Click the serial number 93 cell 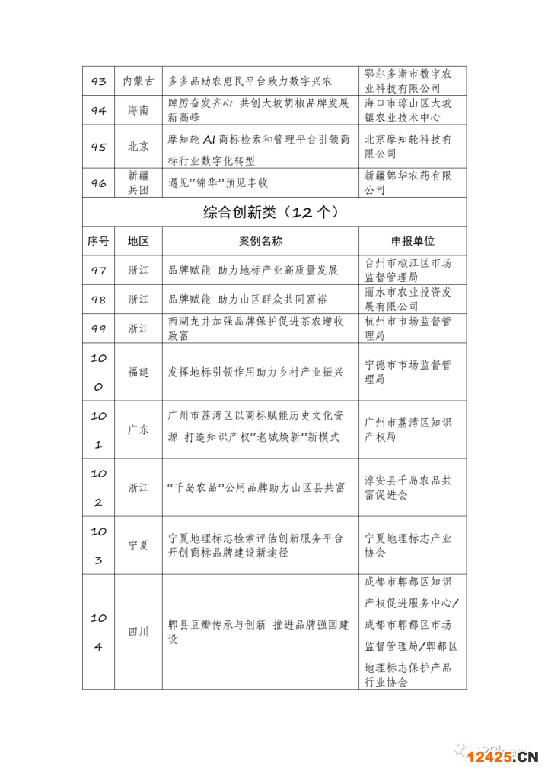pos(98,81)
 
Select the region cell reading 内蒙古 pos(138,81)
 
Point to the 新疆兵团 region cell pos(138,183)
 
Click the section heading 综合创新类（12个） pos(274,212)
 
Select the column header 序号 pos(98,241)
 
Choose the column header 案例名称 pos(260,241)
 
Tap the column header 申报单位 pos(413,241)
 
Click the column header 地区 pos(138,241)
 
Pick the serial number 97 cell pos(98,271)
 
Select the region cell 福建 pos(138,373)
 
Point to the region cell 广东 pos(138,430)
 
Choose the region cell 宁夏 pos(138,545)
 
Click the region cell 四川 pos(138,632)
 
